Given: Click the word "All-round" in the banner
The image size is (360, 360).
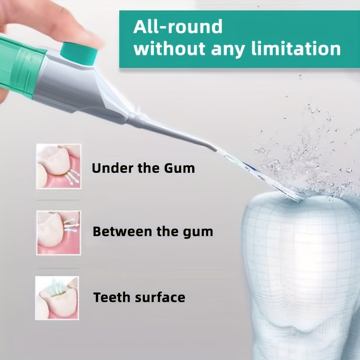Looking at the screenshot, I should point(178,27).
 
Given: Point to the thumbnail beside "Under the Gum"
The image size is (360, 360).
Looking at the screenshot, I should point(58,166).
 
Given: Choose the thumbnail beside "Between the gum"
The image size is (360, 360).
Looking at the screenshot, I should point(58,232).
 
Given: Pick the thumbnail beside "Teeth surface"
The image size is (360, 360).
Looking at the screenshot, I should point(57,297).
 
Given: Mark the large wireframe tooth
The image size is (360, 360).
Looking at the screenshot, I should point(297,270).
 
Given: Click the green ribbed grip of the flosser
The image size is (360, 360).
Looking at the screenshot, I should point(18,67).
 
